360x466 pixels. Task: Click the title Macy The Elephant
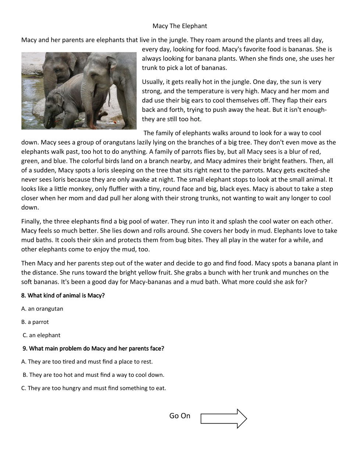pos(179,26)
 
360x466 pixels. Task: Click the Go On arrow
pos(224,419)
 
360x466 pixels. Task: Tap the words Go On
pos(179,416)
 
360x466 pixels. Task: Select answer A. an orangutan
pos(42,309)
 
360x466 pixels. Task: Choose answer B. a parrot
pos(35,322)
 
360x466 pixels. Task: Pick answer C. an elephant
pos(42,335)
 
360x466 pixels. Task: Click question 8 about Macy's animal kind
pos(63,296)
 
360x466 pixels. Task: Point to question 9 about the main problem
pos(93,349)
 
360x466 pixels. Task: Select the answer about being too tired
pos(87,362)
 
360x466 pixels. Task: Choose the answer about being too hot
pos(93,375)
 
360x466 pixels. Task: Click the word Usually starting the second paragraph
pos(154,82)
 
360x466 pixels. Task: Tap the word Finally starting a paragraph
pos(31,222)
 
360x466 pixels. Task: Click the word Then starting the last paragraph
pos(28,264)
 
